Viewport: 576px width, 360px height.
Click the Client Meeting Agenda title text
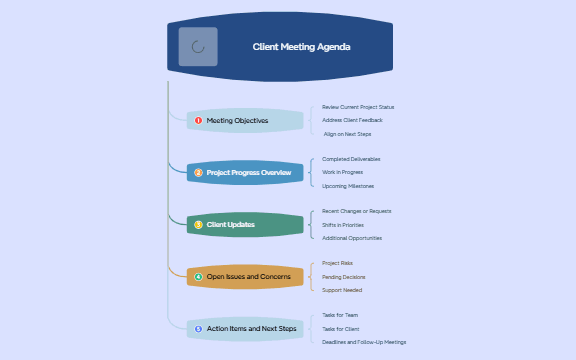[301, 46]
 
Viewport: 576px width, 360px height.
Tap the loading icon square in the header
[198, 46]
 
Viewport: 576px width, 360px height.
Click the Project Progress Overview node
[245, 173]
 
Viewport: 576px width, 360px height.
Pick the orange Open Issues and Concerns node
[245, 277]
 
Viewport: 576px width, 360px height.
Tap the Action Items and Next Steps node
[245, 329]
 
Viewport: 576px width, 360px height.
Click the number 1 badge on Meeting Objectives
[198, 121]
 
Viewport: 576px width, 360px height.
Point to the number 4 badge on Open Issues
[198, 277]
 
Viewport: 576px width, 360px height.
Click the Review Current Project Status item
[358, 107]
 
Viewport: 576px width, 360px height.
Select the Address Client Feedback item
[352, 120]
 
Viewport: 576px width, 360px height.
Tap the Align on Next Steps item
[348, 133]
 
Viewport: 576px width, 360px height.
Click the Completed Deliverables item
[351, 159]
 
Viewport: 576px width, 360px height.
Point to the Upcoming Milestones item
[348, 185]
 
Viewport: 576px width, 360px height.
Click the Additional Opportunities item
[352, 238]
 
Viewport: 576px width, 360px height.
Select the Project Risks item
[337, 263]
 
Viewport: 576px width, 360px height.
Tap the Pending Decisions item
[343, 277]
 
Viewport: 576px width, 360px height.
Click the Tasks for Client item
[340, 329]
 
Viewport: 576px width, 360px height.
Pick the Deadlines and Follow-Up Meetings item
[364, 342]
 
